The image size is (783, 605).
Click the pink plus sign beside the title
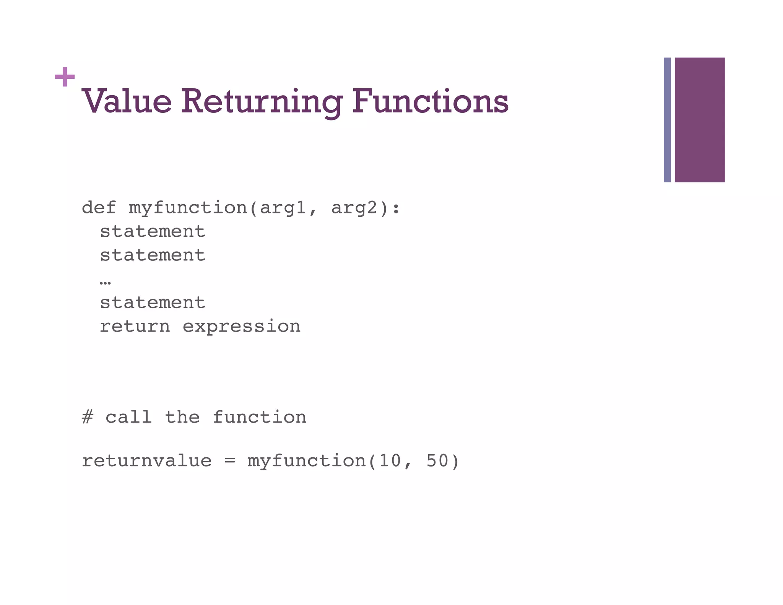pyautogui.click(x=65, y=77)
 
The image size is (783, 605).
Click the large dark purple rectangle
pyautogui.click(x=699, y=120)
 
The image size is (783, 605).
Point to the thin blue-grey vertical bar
pyautogui.click(x=667, y=120)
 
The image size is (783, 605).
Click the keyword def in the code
pyautogui.click(x=99, y=208)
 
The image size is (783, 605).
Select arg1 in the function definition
pyautogui.click(x=283, y=208)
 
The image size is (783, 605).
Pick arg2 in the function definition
pyautogui.click(x=354, y=208)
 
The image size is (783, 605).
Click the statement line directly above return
pyautogui.click(x=153, y=303)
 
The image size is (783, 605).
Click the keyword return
pyautogui.click(x=135, y=327)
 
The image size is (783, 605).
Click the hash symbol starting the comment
pyautogui.click(x=88, y=417)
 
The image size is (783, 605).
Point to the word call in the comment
pyautogui.click(x=128, y=417)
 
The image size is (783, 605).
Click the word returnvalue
pyautogui.click(x=146, y=461)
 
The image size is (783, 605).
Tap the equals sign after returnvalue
pyautogui.click(x=229, y=461)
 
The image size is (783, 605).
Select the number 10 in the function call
pyautogui.click(x=390, y=461)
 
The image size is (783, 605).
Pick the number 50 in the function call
pyautogui.click(x=437, y=461)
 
